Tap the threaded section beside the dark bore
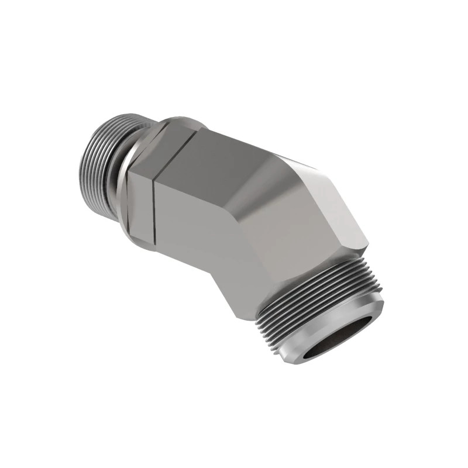pos(316,292)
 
